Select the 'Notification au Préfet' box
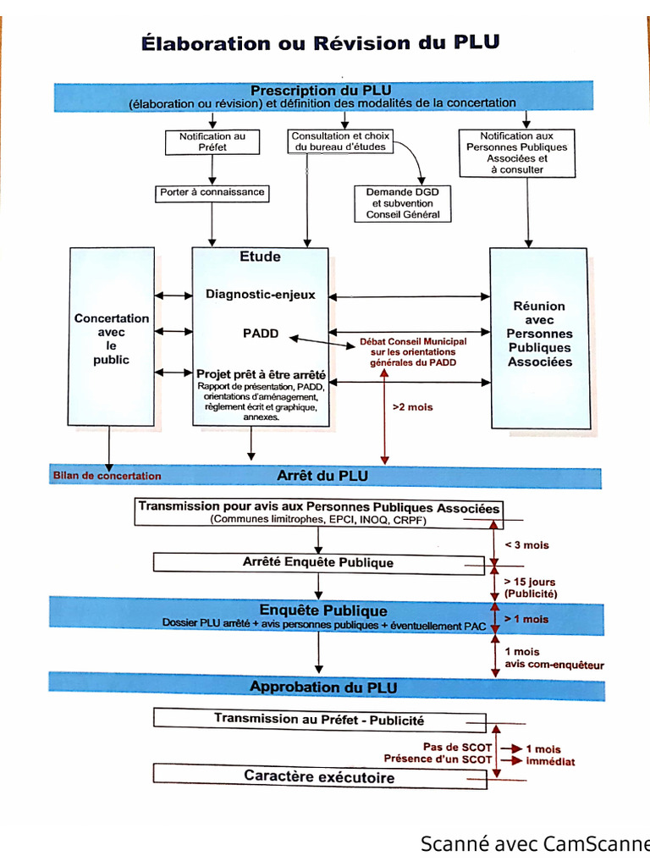point(212,141)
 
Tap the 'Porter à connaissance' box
point(212,193)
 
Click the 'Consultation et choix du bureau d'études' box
point(340,141)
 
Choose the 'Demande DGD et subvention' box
point(403,203)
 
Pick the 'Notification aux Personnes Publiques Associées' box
point(517,152)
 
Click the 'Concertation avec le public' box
point(112,339)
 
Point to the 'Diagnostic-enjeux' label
point(260,295)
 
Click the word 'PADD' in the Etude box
point(261,334)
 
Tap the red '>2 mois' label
point(412,407)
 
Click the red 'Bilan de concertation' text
point(107,476)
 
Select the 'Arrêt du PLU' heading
point(322,476)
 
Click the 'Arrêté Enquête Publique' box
point(318,562)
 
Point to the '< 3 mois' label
point(526,545)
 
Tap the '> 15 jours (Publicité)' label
point(531,588)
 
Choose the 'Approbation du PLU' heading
point(323,687)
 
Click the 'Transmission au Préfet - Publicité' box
point(319,721)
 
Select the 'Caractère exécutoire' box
point(319,776)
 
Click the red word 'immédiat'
point(550,762)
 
